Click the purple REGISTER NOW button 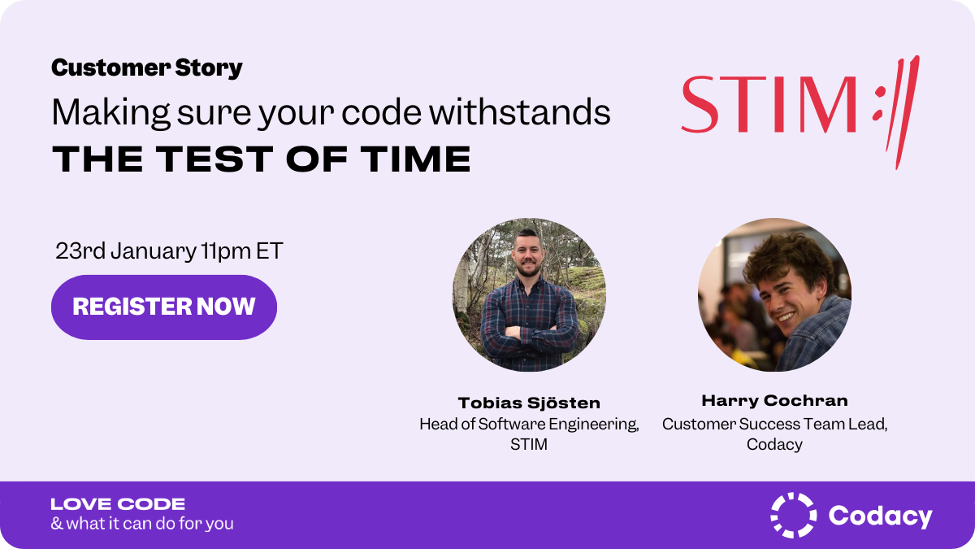click(x=164, y=307)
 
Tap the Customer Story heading click(x=146, y=68)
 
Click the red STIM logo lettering click(x=768, y=105)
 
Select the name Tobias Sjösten click(x=529, y=403)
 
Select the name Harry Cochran click(x=774, y=400)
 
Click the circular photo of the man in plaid click(x=529, y=294)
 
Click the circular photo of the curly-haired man click(x=774, y=294)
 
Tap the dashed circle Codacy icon click(x=793, y=515)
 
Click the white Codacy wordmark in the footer click(x=880, y=516)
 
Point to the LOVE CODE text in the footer click(x=118, y=504)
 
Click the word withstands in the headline click(x=520, y=113)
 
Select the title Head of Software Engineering click(x=529, y=424)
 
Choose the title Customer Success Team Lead click(x=774, y=424)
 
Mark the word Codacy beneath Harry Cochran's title click(x=774, y=444)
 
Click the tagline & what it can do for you click(x=142, y=524)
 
